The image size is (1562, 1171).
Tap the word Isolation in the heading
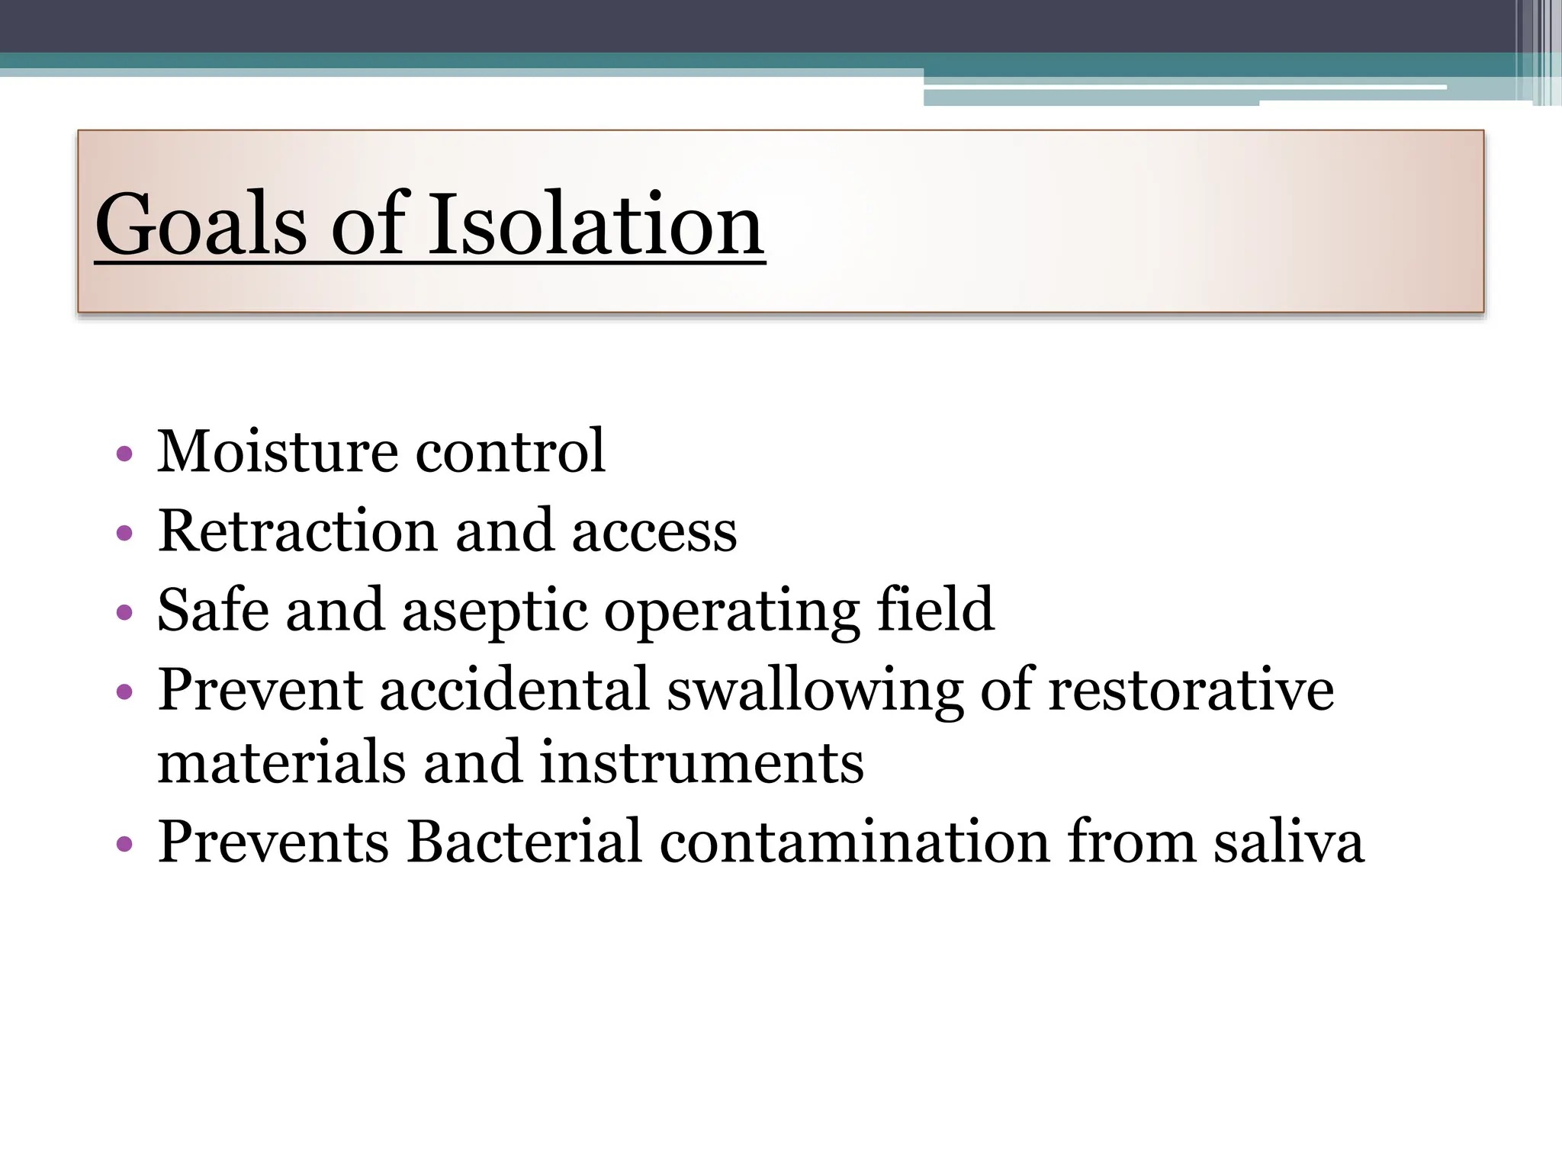coord(595,225)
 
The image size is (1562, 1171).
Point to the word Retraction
coord(297,531)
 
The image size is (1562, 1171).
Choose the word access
coord(654,531)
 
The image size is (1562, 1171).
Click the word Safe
coord(213,610)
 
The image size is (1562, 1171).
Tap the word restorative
coord(1191,689)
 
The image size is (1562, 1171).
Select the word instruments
coord(702,763)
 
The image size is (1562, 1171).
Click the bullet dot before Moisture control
coord(124,455)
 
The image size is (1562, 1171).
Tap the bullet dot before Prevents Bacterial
coord(124,845)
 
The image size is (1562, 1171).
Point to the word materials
coord(281,763)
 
